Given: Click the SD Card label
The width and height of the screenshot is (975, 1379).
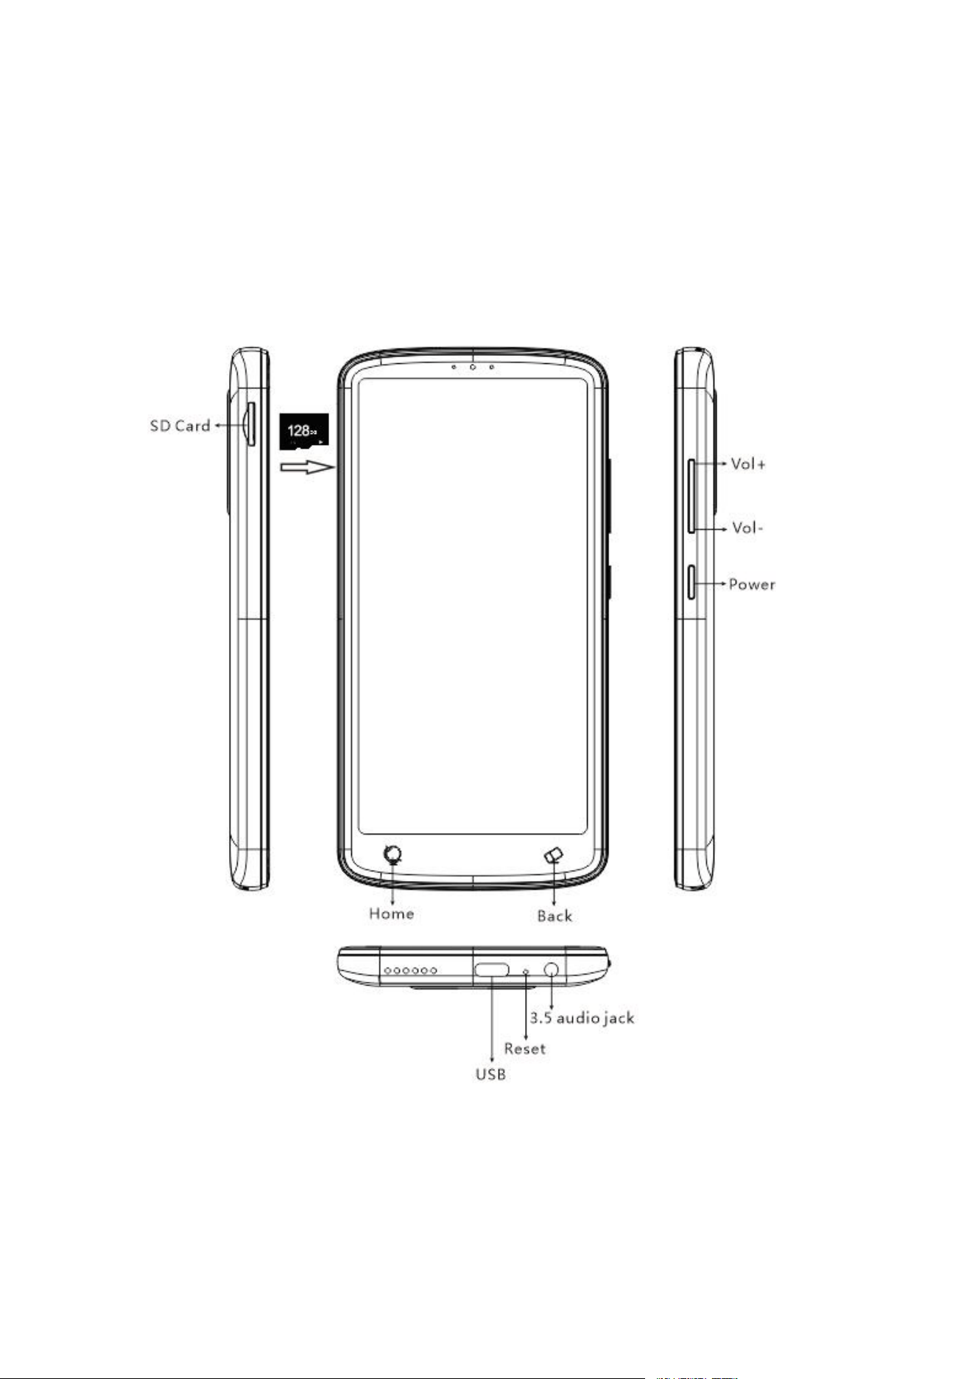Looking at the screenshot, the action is pos(180,426).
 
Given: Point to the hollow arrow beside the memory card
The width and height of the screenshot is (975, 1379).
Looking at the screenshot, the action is pos(307,467).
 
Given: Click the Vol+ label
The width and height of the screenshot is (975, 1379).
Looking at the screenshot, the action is pos(748,464).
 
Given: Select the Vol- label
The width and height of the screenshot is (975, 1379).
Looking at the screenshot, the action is pos(747,528).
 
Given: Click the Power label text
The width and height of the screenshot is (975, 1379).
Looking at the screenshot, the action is pos(752,584).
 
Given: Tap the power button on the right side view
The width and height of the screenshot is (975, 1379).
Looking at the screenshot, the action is pos(692,582).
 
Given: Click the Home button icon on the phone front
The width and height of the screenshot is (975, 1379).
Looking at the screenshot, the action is pos(394,855).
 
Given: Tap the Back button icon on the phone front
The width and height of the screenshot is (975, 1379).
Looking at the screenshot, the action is pos(554,855).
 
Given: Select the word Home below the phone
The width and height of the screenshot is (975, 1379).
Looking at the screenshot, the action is pos(391,913).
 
